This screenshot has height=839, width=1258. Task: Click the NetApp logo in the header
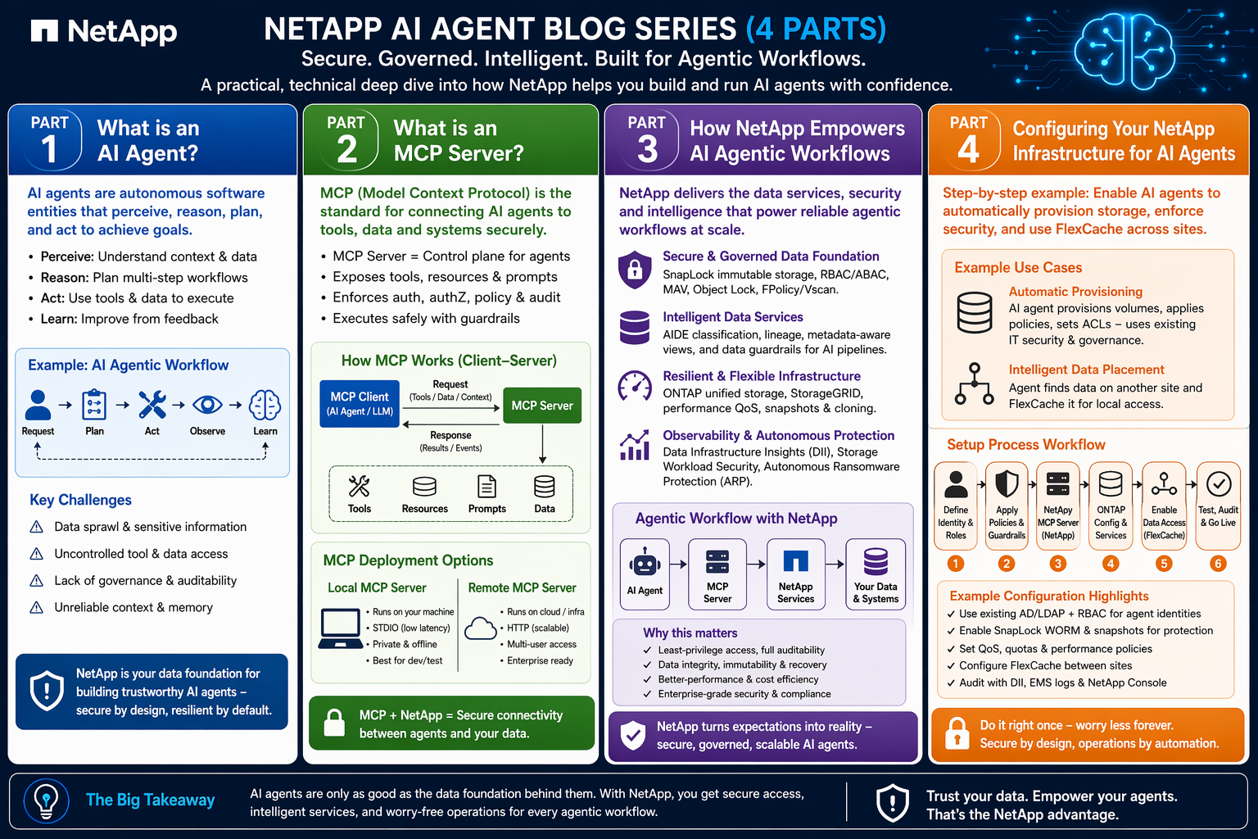coord(104,31)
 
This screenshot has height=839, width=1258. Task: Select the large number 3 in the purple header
coord(647,149)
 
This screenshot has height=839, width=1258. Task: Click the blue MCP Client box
coord(360,404)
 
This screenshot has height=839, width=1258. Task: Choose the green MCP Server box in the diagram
coord(542,406)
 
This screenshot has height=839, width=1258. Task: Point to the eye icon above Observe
coord(207,405)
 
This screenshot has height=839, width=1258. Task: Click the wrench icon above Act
coord(152,405)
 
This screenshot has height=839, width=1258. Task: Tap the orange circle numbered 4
coord(1111,563)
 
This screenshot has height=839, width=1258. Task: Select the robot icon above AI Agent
coord(645,563)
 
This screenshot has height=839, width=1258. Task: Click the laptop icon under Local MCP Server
coord(340,628)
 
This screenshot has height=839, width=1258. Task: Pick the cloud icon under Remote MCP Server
coord(481,628)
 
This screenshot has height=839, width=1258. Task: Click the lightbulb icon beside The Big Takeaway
coord(47,800)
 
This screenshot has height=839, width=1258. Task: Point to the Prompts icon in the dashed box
coord(486,486)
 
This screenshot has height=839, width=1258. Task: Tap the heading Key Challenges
coord(80,500)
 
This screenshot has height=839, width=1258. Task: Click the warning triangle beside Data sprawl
coord(37,527)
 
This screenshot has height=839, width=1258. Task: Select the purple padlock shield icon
coord(635,270)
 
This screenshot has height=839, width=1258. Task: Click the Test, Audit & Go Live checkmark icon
coord(1218,484)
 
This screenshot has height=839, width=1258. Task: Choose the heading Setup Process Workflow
coord(1026,445)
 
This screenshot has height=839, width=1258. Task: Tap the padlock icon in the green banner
coord(334,723)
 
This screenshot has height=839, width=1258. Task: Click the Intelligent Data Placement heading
coord(1086,370)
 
